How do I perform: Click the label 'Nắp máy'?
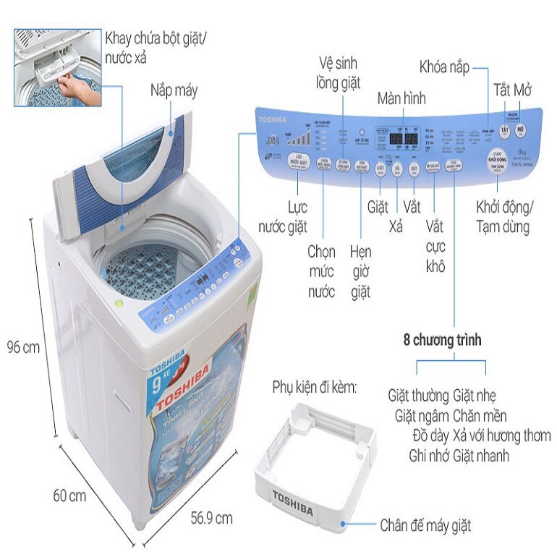[174, 90]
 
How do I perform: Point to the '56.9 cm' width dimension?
[211, 517]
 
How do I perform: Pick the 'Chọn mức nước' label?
[321, 272]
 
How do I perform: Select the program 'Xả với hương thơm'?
[501, 435]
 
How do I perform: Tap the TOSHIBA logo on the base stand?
[292, 503]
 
